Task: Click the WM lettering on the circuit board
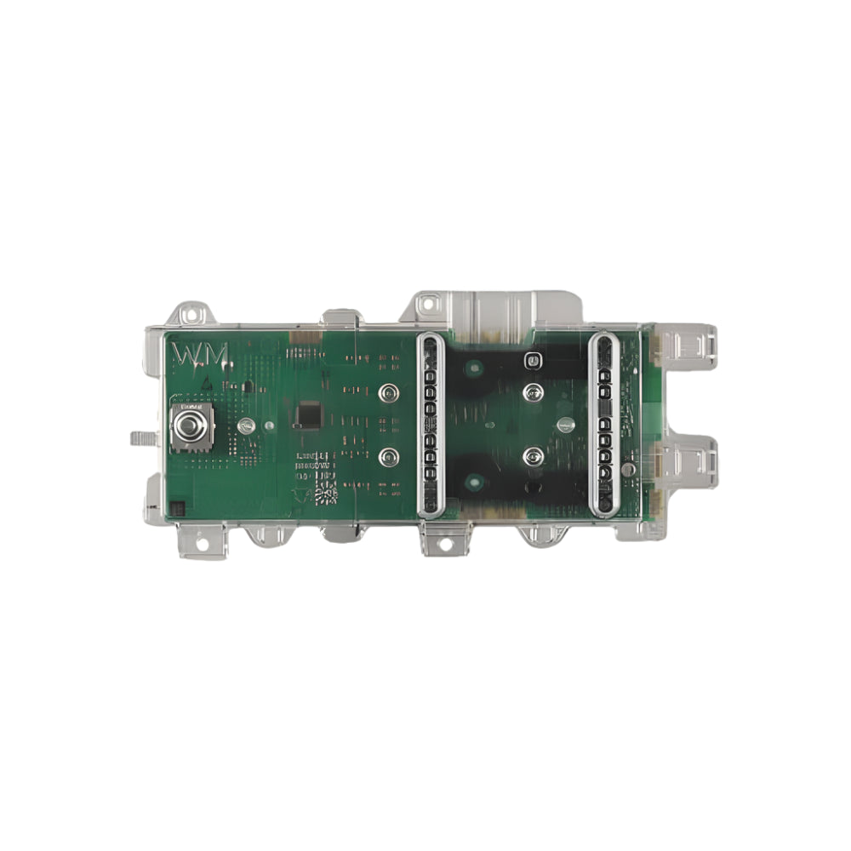pos(200,356)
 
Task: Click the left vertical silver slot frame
pos(430,425)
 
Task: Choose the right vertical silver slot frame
pos(605,425)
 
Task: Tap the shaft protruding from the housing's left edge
pos(140,437)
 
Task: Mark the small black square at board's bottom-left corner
pos(177,508)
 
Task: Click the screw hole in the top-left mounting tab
pos(191,313)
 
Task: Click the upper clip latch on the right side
pos(691,345)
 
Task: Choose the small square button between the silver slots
pos(533,359)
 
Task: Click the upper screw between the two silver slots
pos(534,392)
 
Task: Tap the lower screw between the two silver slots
pos(534,455)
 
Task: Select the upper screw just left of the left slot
pos(388,392)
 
